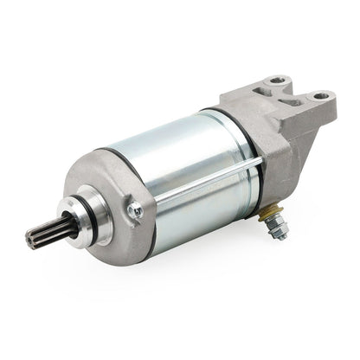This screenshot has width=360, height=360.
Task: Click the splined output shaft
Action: [45, 231]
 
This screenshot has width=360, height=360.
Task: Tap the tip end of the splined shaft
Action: [30, 240]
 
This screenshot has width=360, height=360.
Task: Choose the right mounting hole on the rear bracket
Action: [321, 95]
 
